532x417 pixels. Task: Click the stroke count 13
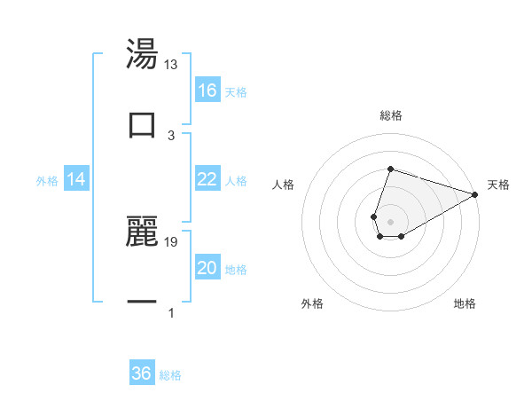click(x=171, y=65)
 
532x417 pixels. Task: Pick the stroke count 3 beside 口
click(x=171, y=136)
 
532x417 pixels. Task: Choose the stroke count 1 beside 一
click(x=171, y=313)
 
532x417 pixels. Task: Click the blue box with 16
click(x=207, y=90)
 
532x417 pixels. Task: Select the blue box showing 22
click(x=207, y=179)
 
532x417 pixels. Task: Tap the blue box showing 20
click(x=207, y=268)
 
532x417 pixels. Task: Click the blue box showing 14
click(x=77, y=180)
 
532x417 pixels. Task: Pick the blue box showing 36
click(x=142, y=374)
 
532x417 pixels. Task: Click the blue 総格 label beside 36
click(x=171, y=375)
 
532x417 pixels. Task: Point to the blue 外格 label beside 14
click(x=47, y=181)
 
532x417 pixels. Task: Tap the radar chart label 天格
click(x=498, y=185)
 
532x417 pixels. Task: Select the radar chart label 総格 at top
click(x=391, y=115)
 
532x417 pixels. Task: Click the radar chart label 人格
click(x=284, y=185)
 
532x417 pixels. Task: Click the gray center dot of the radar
click(x=391, y=222)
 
